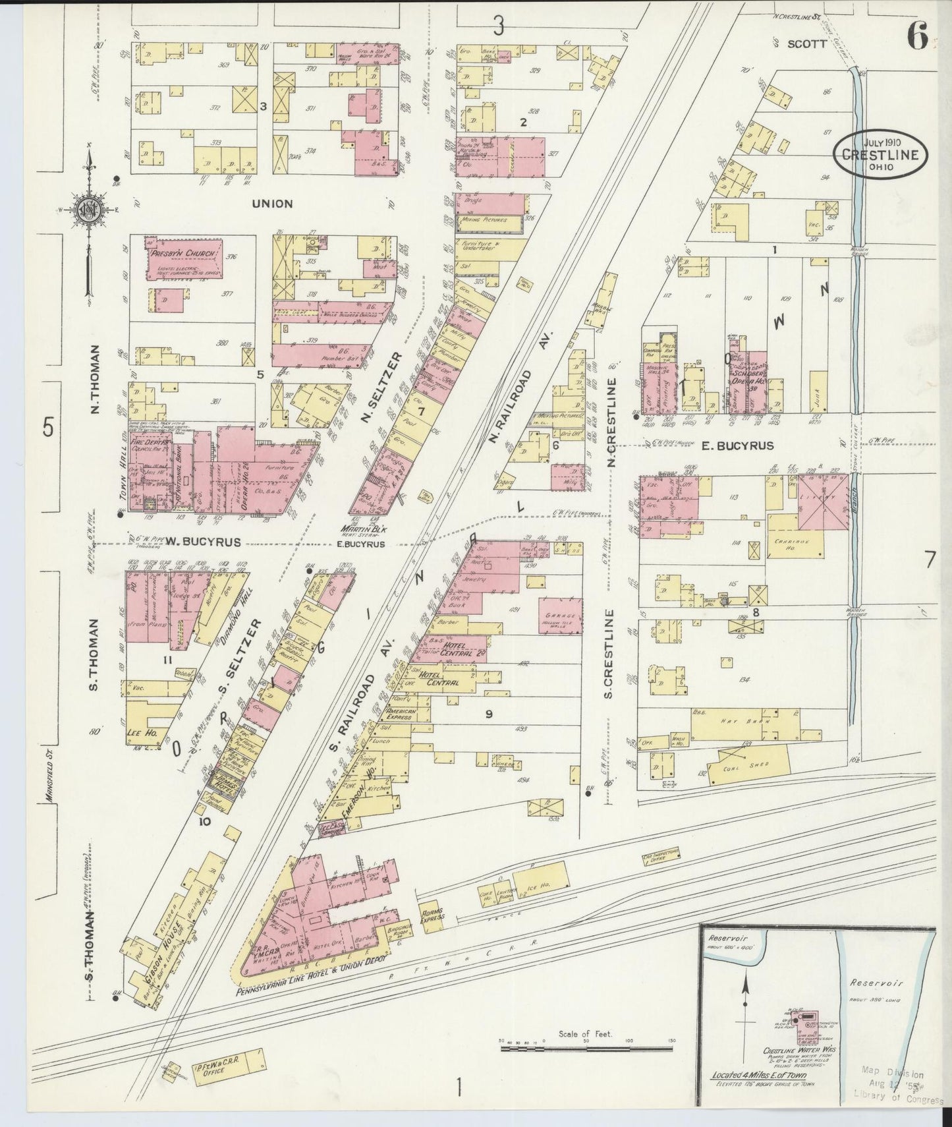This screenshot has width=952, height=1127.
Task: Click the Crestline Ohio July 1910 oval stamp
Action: click(881, 156)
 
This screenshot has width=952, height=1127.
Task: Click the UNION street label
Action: click(272, 204)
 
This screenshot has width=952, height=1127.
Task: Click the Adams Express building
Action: click(432, 917)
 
